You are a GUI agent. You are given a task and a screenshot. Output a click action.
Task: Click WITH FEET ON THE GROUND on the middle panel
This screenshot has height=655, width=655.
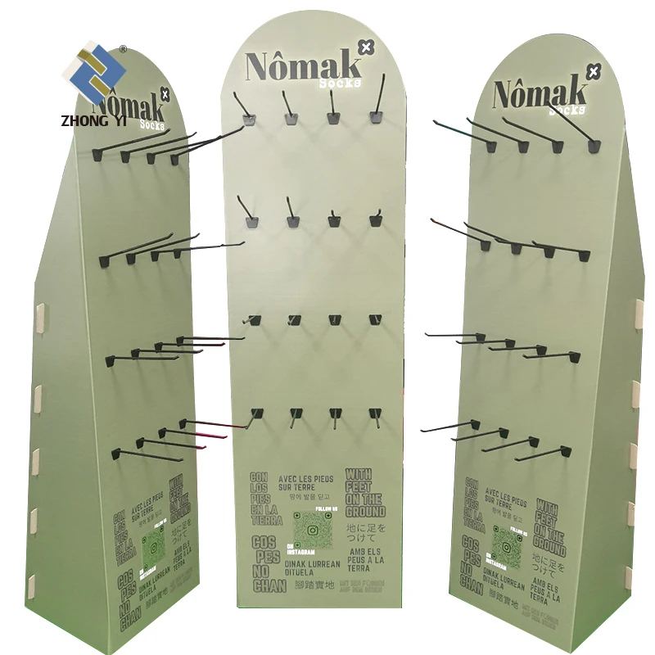363,493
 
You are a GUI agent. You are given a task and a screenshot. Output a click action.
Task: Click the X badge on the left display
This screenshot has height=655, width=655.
165,95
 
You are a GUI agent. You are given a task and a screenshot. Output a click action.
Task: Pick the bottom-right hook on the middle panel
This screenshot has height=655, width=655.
374,416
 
